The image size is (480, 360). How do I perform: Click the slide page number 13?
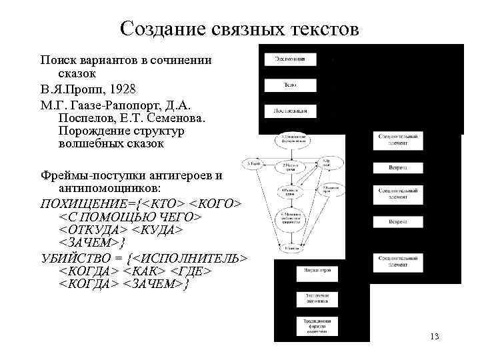pos(434,336)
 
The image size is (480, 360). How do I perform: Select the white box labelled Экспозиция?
pos(289,59)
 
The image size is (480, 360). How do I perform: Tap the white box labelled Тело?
pos(289,85)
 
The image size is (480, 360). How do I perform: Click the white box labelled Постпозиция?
pos(289,111)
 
